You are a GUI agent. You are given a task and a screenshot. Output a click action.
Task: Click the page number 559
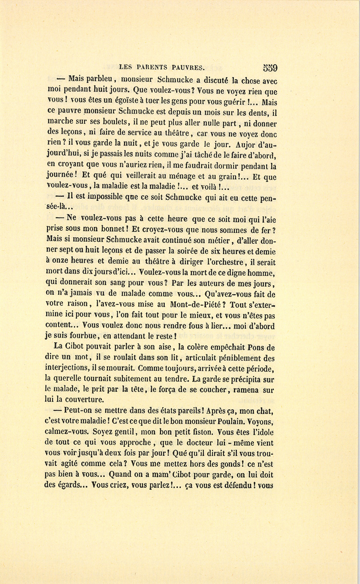point(270,68)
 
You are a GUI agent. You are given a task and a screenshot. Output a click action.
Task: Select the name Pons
point(256,348)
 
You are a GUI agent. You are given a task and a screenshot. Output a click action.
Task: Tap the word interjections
point(67,369)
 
